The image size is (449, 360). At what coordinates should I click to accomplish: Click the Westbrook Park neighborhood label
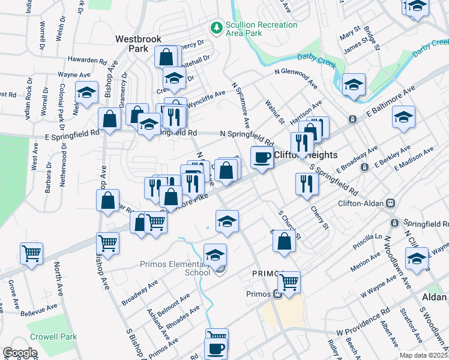pyautogui.click(x=138, y=43)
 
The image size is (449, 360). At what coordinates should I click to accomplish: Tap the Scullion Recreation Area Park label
pyautogui.click(x=261, y=29)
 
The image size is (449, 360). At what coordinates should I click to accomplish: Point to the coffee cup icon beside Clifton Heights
pyautogui.click(x=261, y=157)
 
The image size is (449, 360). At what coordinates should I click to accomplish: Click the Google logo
pyautogui.click(x=19, y=353)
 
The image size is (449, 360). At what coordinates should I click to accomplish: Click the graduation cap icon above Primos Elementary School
pyautogui.click(x=215, y=254)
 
